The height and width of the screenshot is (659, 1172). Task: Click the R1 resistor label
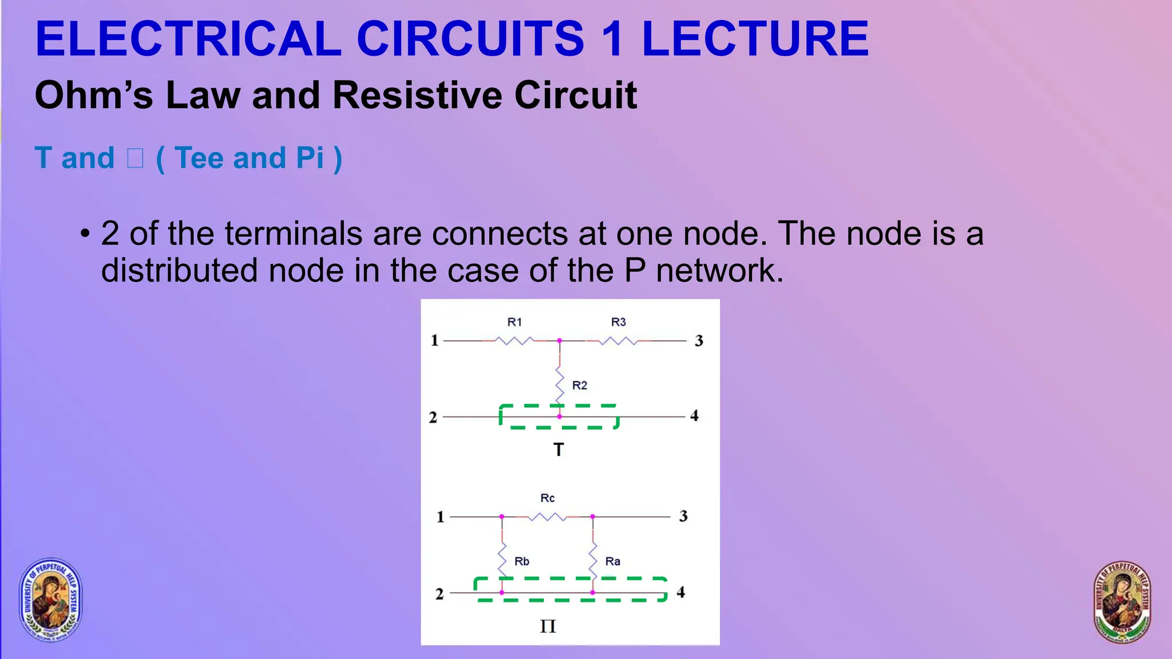point(514,322)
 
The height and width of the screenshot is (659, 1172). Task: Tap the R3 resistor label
point(619,322)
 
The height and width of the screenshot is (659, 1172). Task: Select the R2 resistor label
point(580,386)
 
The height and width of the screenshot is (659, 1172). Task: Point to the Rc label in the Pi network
point(548,498)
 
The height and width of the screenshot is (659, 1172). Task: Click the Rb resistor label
point(522,561)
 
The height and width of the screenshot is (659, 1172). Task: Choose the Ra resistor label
point(613,561)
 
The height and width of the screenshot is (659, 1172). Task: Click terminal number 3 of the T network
point(699,341)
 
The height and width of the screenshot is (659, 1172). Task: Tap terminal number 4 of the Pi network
point(681,592)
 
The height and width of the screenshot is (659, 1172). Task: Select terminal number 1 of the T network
point(434,341)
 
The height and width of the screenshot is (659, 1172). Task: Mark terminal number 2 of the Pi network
point(439,594)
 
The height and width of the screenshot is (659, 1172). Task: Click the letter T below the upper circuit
point(559,450)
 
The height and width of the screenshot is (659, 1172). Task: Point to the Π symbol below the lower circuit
point(548,626)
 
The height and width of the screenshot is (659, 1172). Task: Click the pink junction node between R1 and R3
point(560,341)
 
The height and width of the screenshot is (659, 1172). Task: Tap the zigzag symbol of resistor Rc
point(547,517)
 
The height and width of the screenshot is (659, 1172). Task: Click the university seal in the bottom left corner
point(51,600)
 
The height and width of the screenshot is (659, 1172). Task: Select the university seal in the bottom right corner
point(1122,602)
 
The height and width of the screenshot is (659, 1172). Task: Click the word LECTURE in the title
point(755,39)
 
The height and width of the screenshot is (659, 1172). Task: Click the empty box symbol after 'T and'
point(135,158)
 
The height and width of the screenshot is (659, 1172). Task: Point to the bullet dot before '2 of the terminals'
point(85,234)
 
